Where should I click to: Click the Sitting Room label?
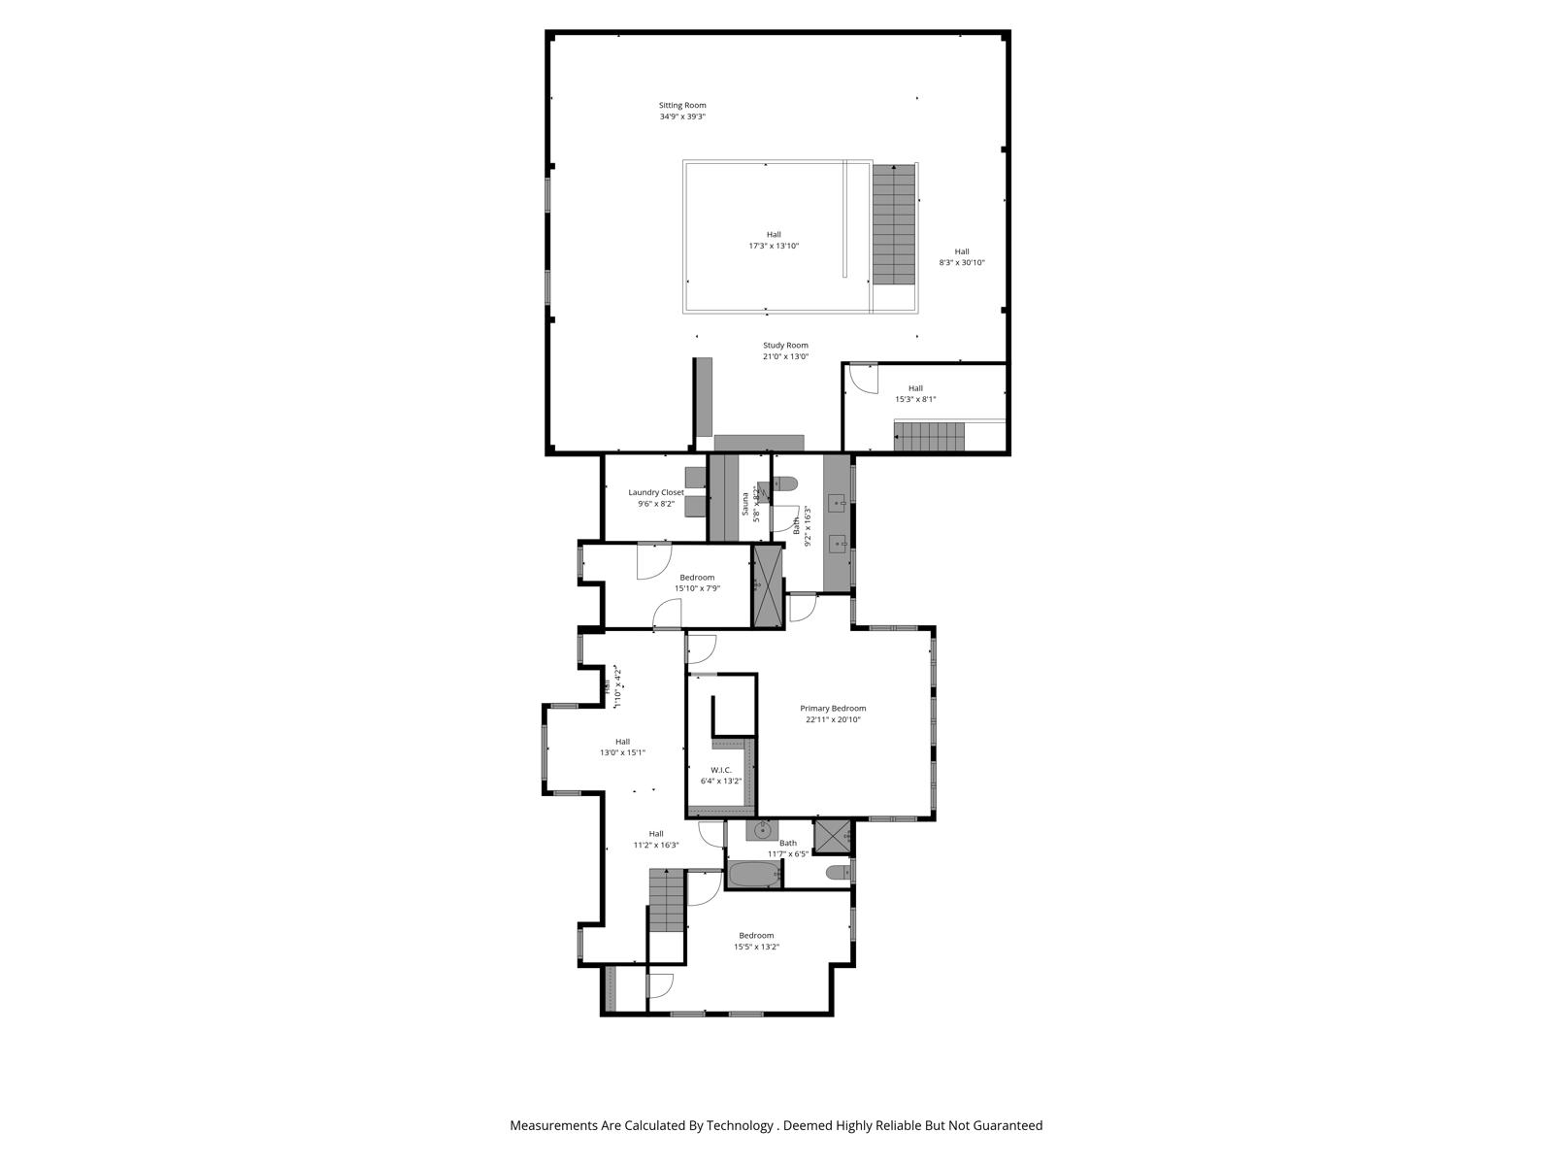click(x=682, y=105)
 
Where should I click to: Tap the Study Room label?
click(x=785, y=346)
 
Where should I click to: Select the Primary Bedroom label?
click(x=833, y=709)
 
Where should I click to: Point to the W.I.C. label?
click(x=720, y=770)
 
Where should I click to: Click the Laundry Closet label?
click(x=656, y=492)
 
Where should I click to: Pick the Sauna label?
click(x=745, y=505)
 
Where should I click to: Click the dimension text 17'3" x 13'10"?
click(x=774, y=246)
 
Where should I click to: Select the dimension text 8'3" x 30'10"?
click(x=961, y=262)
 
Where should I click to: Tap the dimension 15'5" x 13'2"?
click(x=756, y=947)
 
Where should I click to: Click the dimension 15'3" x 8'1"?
click(x=915, y=399)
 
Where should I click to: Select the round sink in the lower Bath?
click(x=764, y=830)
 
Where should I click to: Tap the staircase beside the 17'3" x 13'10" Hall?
click(x=893, y=223)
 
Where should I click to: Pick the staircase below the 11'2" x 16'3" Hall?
click(x=667, y=901)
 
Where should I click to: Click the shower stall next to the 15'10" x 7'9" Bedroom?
click(x=768, y=586)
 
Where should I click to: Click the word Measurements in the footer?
click(x=553, y=1126)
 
